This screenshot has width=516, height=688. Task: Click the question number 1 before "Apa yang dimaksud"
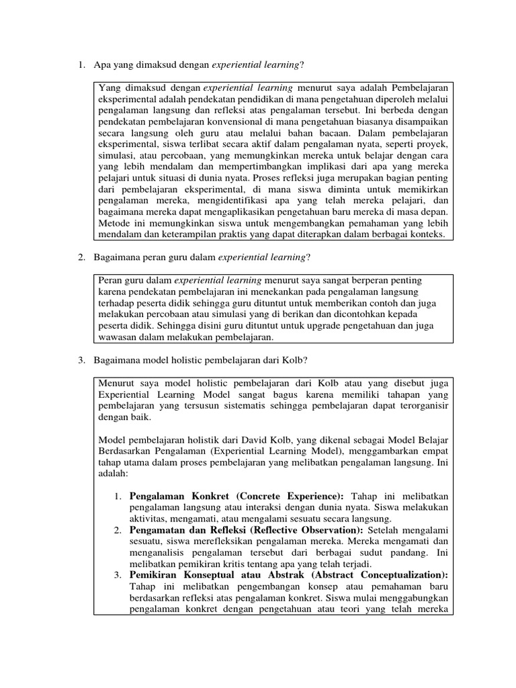[x=81, y=64]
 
